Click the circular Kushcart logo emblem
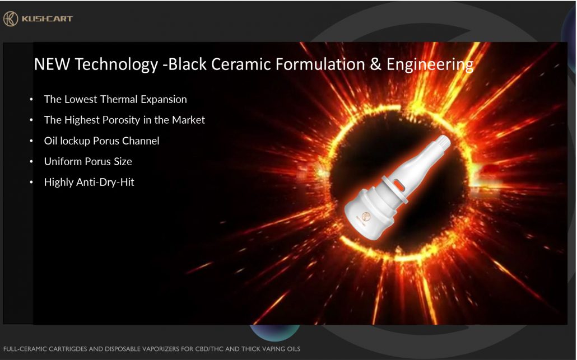point(10,18)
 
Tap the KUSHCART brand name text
point(47,18)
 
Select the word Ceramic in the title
point(241,64)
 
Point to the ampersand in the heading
point(375,64)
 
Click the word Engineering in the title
point(430,65)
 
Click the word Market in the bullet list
point(188,120)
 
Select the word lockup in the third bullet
point(75,141)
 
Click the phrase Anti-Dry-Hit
point(105,182)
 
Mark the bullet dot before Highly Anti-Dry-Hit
point(31,182)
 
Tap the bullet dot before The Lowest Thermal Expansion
point(31,99)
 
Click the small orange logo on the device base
point(365,217)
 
